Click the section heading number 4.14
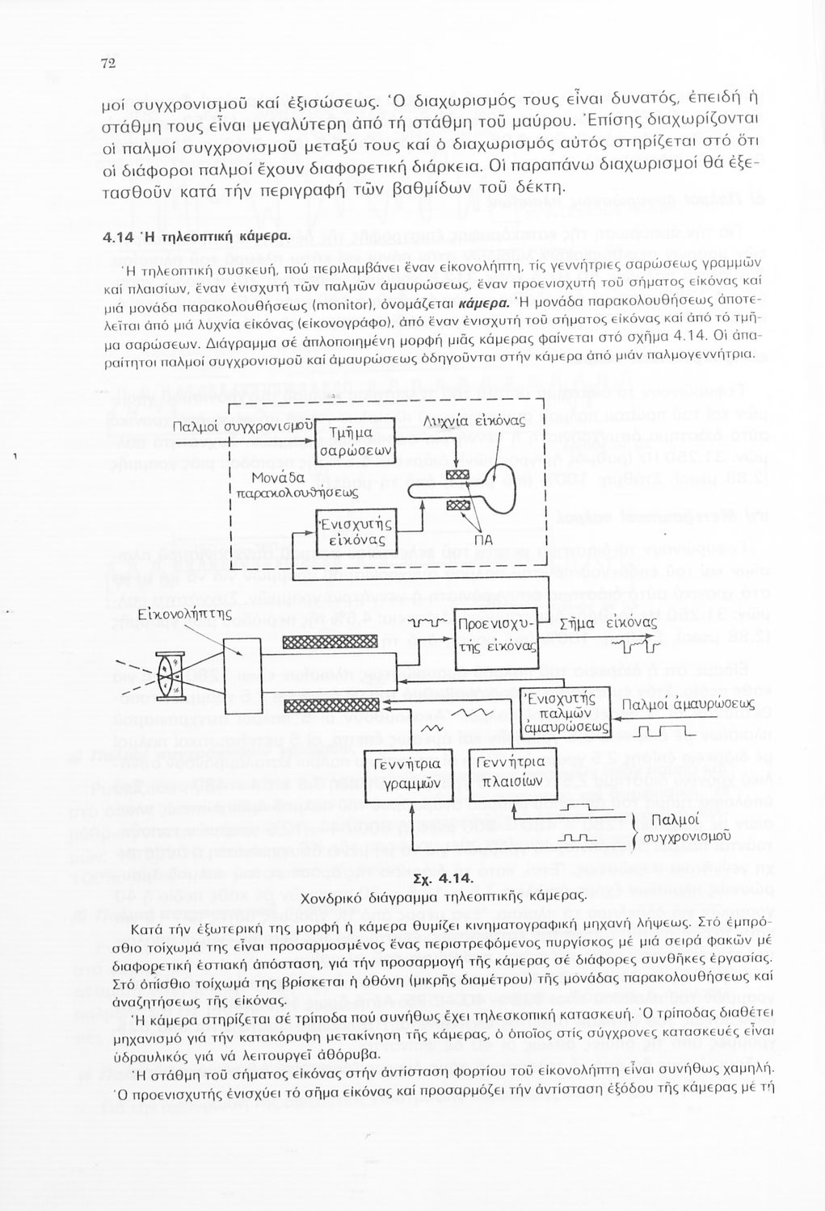coord(120,239)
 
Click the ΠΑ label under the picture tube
coord(483,540)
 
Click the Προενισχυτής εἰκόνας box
coord(497,637)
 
